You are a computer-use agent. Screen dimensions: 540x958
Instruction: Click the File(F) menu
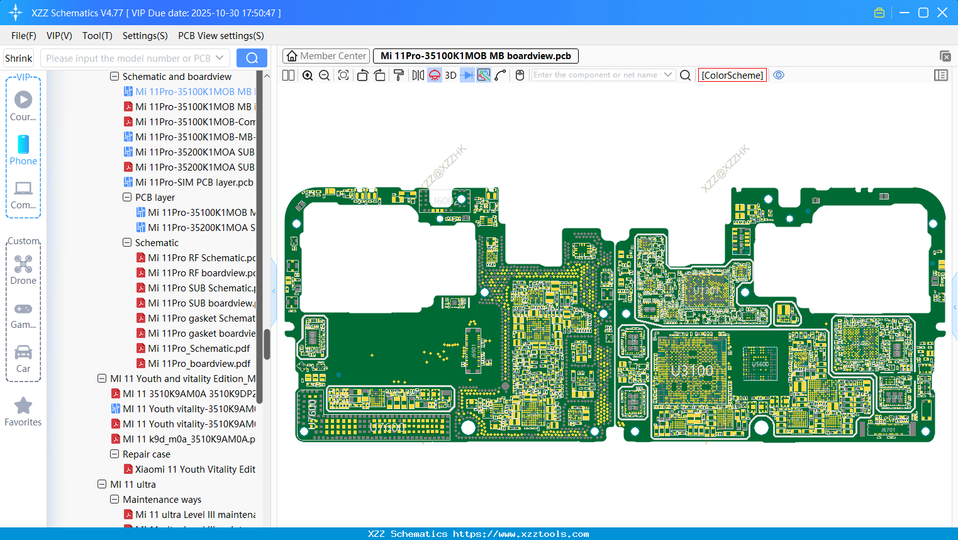point(23,36)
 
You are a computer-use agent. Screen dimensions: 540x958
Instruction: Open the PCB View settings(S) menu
point(221,36)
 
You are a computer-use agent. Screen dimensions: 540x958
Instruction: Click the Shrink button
point(18,59)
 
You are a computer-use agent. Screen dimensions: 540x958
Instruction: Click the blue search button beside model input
point(252,58)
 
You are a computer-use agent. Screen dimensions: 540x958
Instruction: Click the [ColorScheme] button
point(732,76)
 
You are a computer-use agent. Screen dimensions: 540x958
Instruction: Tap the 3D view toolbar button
point(450,76)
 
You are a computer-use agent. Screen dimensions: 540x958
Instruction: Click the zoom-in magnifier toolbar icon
point(308,76)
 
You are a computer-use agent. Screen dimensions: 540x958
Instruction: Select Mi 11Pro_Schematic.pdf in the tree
point(199,349)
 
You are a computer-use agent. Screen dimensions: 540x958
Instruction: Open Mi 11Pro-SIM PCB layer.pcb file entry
point(194,183)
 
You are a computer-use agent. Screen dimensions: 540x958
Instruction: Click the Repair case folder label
point(146,454)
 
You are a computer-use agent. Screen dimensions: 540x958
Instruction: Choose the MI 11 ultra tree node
point(133,485)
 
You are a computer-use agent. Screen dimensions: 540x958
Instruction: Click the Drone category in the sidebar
point(23,270)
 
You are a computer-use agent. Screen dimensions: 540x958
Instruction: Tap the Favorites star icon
point(23,406)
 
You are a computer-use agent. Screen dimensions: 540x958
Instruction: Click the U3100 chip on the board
point(692,370)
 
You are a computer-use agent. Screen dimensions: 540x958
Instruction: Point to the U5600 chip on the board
point(760,364)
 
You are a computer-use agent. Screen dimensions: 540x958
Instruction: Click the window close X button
point(942,13)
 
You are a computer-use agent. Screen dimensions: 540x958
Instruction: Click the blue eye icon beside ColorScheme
point(779,75)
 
